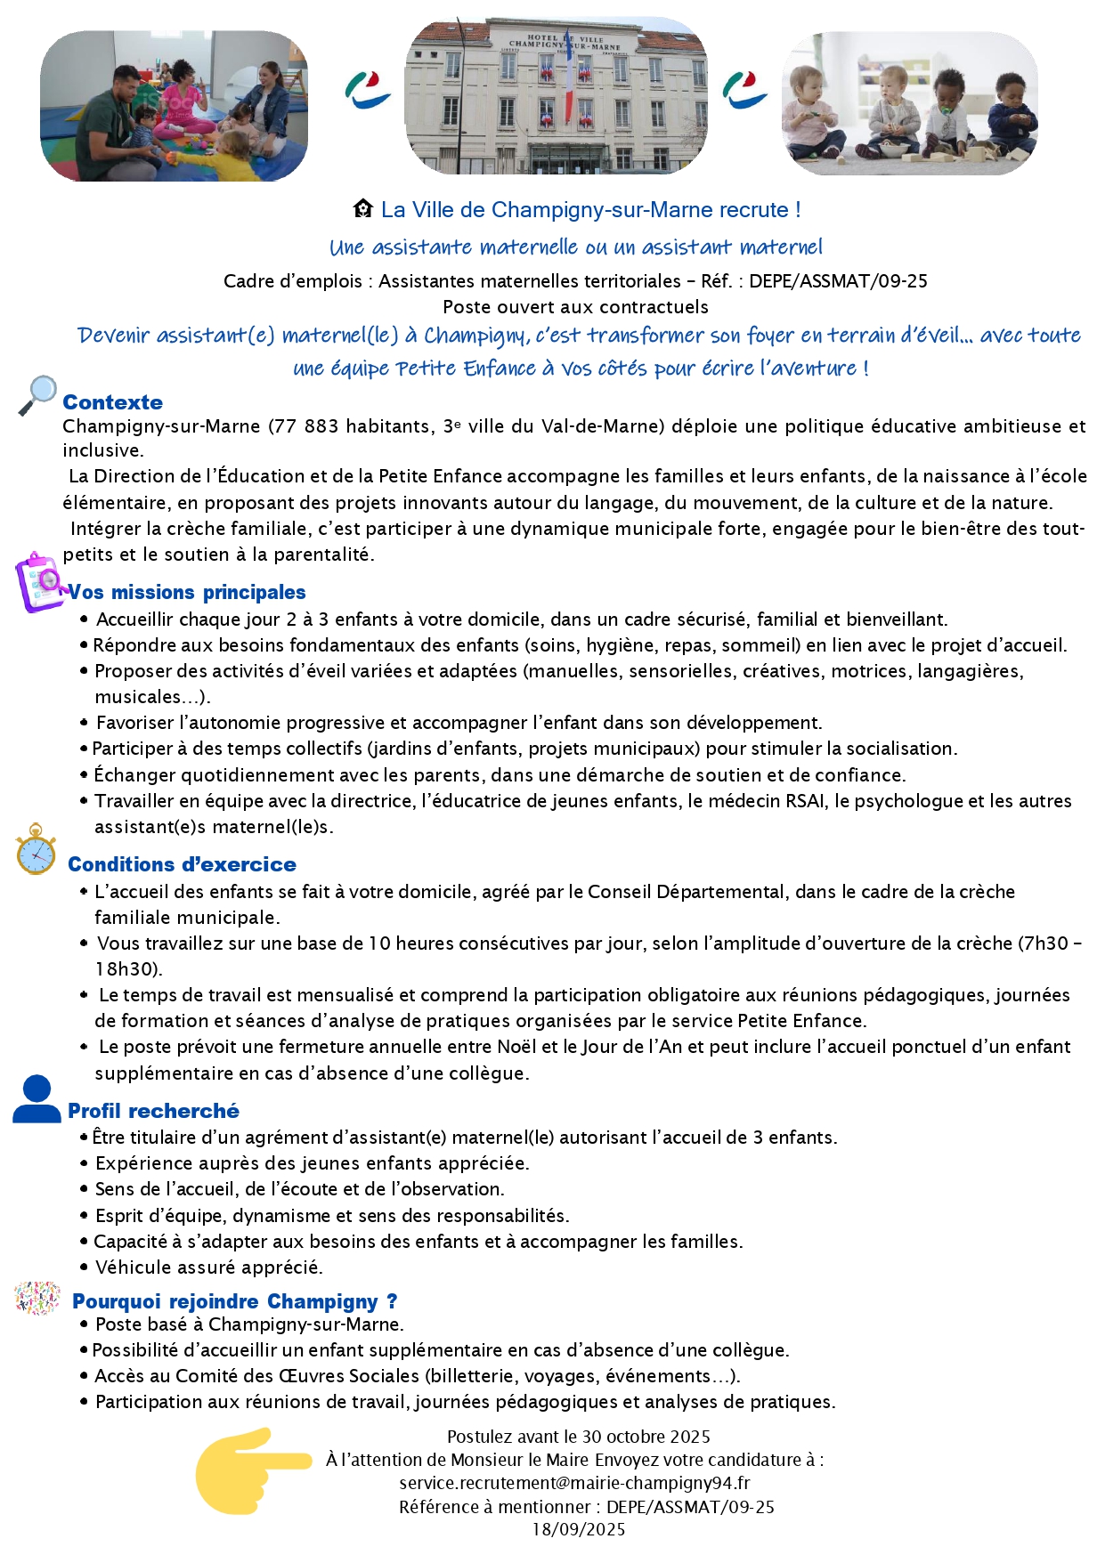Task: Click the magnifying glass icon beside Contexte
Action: point(37,395)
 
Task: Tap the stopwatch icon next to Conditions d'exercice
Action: point(36,850)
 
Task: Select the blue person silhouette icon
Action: point(37,1099)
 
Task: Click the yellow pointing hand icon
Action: point(252,1470)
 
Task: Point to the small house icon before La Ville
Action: point(362,209)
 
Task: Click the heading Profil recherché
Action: point(153,1111)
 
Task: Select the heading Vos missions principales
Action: point(187,592)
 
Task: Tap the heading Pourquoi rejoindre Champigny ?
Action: point(234,1301)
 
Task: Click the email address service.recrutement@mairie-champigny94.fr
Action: point(574,1483)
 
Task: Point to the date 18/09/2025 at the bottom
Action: point(579,1529)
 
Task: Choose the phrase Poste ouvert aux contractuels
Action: point(575,307)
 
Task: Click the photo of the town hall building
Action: point(557,96)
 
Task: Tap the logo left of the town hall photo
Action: point(367,91)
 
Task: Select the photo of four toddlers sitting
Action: point(909,104)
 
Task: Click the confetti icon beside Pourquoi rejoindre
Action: point(37,1299)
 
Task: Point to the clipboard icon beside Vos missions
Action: point(38,581)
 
